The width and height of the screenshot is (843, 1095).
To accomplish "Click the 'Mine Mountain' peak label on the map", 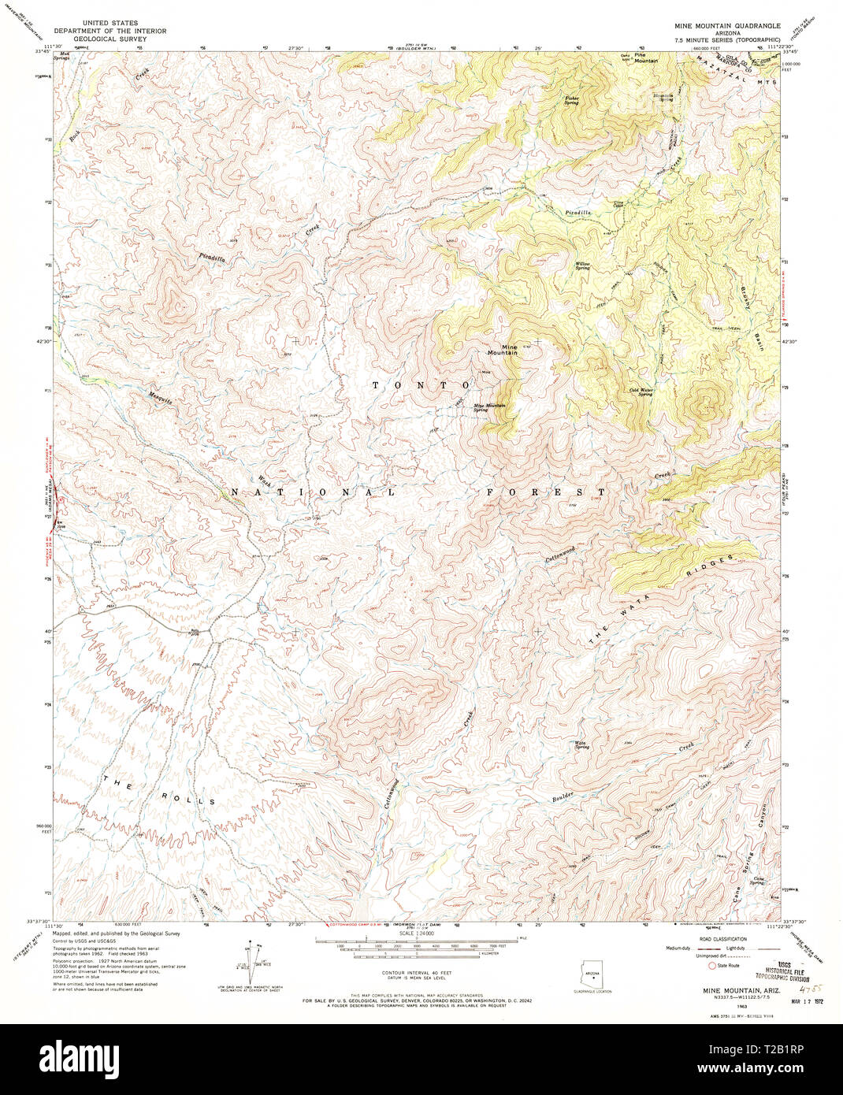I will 503,350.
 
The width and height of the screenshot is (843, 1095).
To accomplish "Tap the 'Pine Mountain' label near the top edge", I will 647,58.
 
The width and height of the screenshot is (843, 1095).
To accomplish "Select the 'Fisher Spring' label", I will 571,100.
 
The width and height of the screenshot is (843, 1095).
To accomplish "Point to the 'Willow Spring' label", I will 582,265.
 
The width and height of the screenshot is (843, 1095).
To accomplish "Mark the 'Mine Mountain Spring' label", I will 488,408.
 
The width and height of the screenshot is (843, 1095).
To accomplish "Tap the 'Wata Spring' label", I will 581,744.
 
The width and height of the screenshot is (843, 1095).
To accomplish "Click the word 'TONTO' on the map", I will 421,384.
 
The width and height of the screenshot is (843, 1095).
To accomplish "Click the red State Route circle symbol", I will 714,965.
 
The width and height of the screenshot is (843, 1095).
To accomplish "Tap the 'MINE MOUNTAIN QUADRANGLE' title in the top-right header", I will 726,26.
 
